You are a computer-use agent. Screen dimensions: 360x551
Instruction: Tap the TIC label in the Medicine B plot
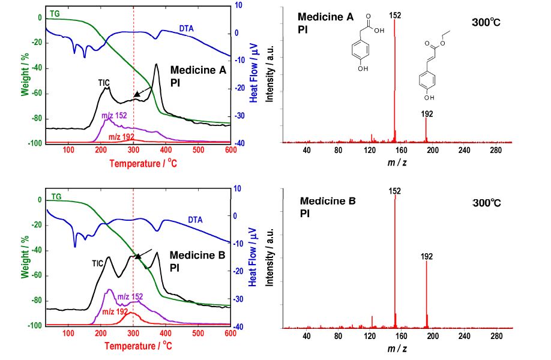98,263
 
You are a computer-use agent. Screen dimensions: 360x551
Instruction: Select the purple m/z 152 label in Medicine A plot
114,115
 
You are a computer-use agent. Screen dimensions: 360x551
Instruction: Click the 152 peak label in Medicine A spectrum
394,14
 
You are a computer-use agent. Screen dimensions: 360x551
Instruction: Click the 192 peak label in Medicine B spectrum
427,256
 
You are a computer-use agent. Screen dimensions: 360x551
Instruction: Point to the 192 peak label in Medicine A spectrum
427,113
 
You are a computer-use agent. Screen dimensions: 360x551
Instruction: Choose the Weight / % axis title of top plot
26,75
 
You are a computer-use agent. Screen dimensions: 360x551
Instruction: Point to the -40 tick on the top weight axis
35,68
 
